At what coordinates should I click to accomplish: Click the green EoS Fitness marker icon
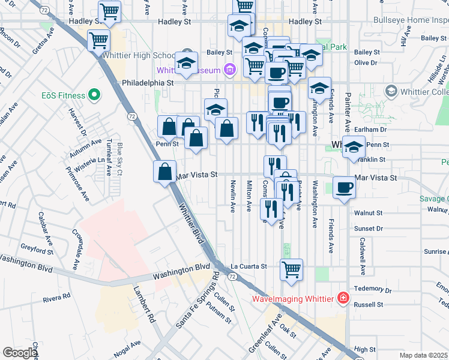[93, 95]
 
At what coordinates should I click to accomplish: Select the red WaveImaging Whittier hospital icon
[342, 298]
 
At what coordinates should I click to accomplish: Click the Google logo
[20, 353]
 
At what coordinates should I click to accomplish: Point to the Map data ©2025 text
[423, 355]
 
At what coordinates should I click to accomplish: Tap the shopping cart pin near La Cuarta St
[291, 269]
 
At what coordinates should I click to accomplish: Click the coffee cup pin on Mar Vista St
[344, 187]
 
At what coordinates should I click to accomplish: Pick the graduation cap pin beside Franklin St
[354, 146]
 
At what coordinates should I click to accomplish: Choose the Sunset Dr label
[368, 229]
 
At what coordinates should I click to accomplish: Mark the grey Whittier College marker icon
[391, 91]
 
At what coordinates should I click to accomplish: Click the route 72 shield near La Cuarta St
[232, 275]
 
